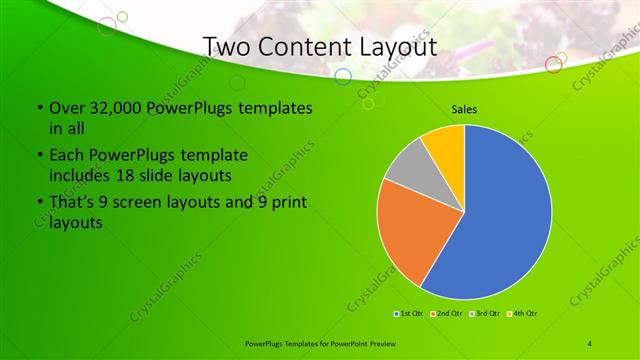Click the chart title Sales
point(463,110)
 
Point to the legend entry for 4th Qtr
point(525,313)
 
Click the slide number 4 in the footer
point(590,343)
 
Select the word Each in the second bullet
point(64,156)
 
